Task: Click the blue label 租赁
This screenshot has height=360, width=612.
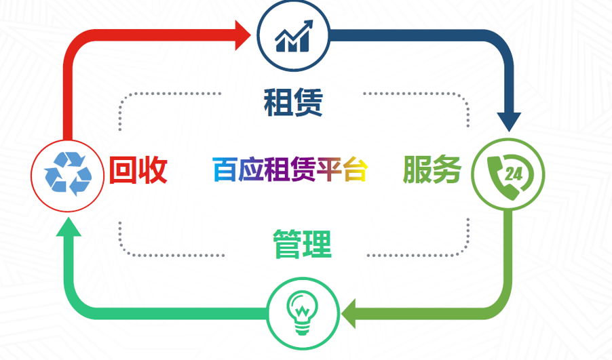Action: click(293, 102)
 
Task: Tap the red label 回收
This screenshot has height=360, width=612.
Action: click(138, 169)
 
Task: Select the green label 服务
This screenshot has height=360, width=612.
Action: click(432, 169)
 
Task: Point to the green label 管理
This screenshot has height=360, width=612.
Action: click(302, 244)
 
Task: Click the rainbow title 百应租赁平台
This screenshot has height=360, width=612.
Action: click(290, 169)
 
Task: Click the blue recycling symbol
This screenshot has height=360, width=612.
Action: click(68, 174)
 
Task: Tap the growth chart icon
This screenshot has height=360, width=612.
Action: click(294, 36)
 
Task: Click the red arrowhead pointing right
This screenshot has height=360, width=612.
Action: click(243, 35)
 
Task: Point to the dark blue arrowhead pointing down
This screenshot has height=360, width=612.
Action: click(509, 122)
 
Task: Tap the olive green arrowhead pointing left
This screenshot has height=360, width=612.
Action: click(349, 313)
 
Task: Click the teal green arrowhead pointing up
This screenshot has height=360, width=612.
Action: click(69, 226)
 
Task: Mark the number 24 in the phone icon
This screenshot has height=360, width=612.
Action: click(514, 174)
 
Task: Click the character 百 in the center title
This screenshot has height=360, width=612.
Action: click(225, 169)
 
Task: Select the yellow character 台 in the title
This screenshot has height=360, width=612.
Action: click(356, 169)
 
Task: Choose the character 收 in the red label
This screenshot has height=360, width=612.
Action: click(153, 169)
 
